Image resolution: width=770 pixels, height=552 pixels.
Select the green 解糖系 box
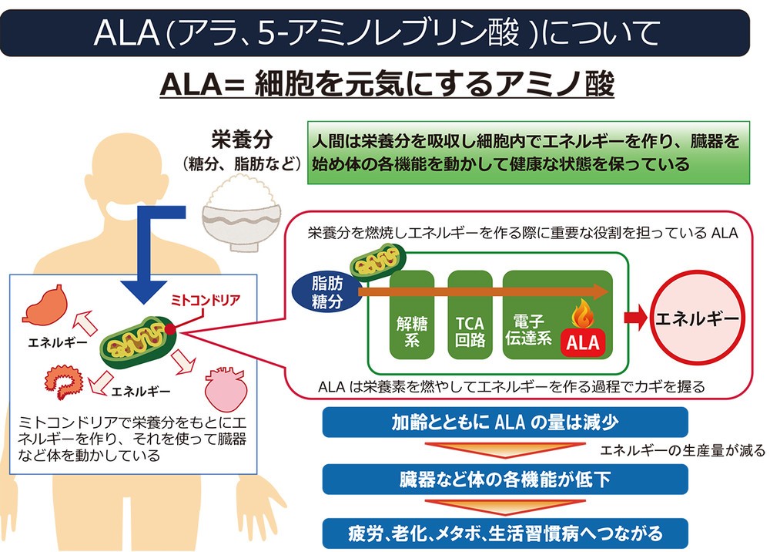pos(411,315)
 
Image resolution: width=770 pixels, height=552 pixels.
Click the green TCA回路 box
pos(470,315)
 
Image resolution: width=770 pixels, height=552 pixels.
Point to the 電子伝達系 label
pos(527,328)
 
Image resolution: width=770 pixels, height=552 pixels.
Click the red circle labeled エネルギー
pos(696,317)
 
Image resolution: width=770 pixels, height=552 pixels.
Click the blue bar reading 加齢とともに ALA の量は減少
pos(505,423)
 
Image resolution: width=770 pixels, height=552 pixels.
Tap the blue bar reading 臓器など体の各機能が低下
pos(505,479)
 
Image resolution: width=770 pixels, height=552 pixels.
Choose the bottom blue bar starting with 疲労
pos(505,532)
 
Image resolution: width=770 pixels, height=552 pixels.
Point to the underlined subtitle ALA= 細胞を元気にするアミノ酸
pos(387,85)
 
